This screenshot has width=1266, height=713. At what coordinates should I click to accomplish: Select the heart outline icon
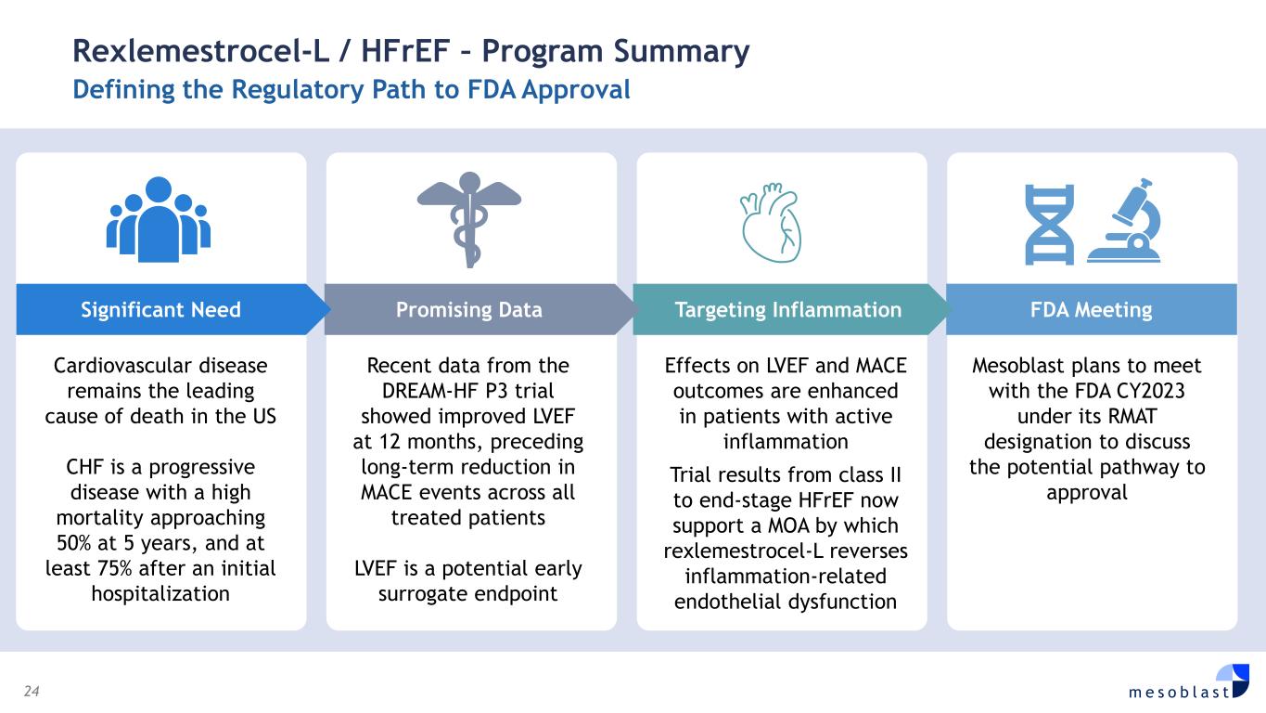coord(772,223)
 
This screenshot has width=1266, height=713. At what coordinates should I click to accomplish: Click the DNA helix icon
coord(1050,225)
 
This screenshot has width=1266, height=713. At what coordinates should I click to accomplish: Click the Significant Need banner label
coord(161,309)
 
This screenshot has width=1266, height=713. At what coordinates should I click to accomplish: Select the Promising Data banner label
coord(469,309)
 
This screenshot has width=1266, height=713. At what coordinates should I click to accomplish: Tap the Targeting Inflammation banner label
coord(787,309)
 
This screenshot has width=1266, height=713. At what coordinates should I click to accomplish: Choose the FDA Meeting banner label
coord(1091,309)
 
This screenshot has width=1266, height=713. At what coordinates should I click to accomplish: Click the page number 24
coord(32,691)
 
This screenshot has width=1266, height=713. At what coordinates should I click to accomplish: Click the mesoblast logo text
coord(1179,692)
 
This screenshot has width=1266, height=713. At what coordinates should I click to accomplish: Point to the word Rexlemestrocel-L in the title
coord(200,51)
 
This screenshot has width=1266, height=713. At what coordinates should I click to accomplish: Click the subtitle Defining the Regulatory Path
coord(352,89)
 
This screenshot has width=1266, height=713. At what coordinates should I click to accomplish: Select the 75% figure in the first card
coord(115,569)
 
